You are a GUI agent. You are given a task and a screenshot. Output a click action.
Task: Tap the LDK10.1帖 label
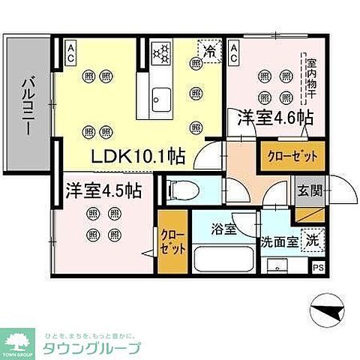coord(137,157)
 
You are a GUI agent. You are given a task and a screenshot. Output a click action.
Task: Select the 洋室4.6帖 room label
coord(275,118)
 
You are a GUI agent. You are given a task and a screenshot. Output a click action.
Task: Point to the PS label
coord(318,268)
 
